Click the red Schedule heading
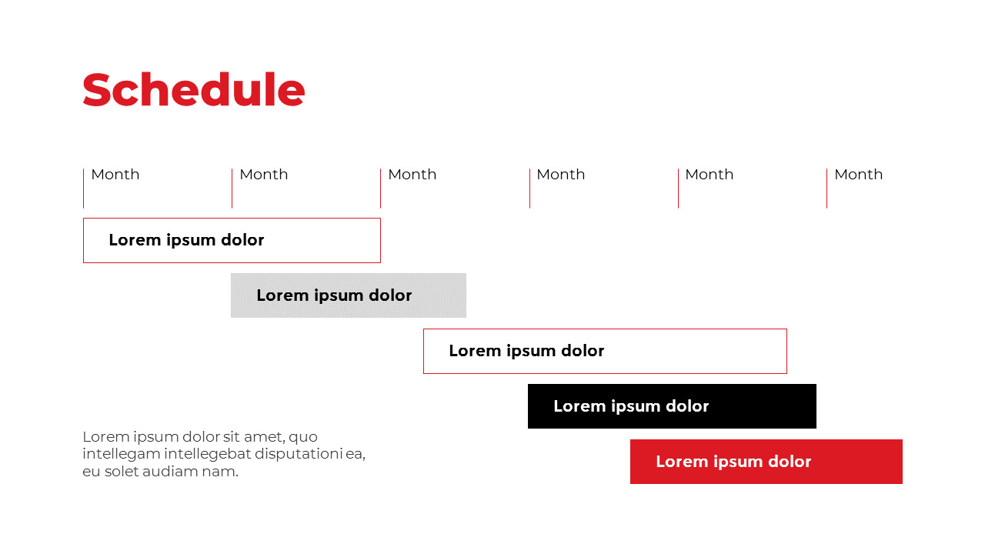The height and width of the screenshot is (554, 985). [x=193, y=90]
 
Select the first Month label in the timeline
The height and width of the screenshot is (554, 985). [x=115, y=175]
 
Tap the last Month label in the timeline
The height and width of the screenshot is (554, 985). [x=858, y=175]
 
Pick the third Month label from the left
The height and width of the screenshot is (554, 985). [x=412, y=175]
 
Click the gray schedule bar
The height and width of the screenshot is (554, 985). [x=349, y=295]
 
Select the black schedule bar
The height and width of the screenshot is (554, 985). [x=672, y=406]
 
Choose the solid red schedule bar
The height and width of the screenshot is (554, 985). [x=766, y=462]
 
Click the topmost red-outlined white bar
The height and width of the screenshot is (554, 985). [x=232, y=240]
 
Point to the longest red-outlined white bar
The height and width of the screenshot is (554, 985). [x=605, y=351]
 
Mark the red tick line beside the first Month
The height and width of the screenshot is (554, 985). [x=83, y=189]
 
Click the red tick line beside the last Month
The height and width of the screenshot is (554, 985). [x=826, y=189]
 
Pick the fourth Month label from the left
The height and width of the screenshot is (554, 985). [x=560, y=175]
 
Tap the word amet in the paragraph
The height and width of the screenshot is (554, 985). [x=262, y=437]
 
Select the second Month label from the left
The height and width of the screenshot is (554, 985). [x=263, y=175]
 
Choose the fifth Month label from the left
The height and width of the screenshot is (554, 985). [x=709, y=175]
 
